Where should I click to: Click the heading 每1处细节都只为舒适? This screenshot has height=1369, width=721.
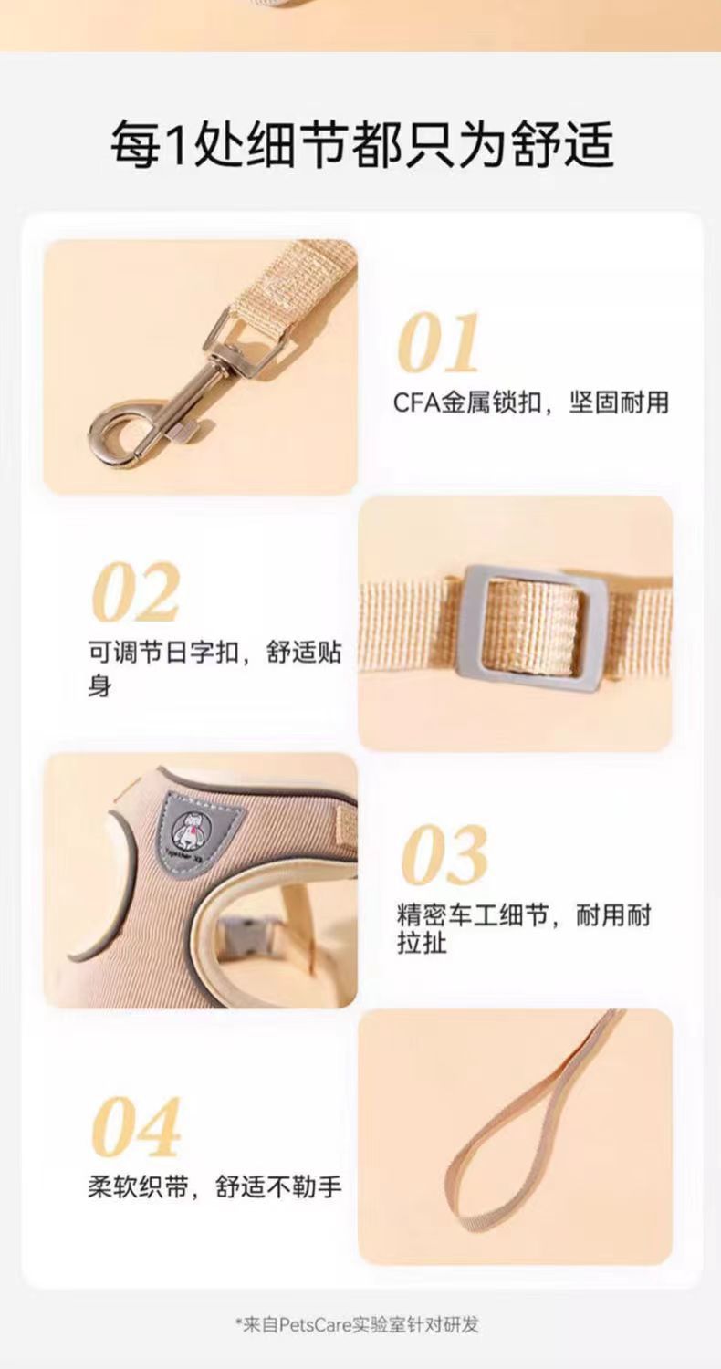pyautogui.click(x=361, y=143)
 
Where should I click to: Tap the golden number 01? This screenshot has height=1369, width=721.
pyautogui.click(x=439, y=344)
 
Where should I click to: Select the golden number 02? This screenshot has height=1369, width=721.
pyautogui.click(x=136, y=593)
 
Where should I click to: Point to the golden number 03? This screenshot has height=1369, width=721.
pyautogui.click(x=445, y=856)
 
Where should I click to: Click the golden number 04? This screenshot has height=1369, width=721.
pyautogui.click(x=137, y=1128)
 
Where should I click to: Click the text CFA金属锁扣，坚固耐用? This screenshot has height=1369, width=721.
pyautogui.click(x=531, y=402)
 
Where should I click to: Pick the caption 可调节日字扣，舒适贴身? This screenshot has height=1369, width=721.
pyautogui.click(x=214, y=669)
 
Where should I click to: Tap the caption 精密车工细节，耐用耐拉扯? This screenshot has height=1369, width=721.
pyautogui.click(x=524, y=928)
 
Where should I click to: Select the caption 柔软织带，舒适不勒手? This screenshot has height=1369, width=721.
pyautogui.click(x=214, y=1186)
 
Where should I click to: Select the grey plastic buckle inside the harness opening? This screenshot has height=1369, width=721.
pyautogui.click(x=240, y=938)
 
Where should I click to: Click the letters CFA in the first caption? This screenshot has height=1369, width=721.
pyautogui.click(x=416, y=402)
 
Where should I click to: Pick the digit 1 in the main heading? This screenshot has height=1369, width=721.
pyautogui.click(x=173, y=144)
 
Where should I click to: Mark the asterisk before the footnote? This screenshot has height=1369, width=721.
pyautogui.click(x=239, y=1322)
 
